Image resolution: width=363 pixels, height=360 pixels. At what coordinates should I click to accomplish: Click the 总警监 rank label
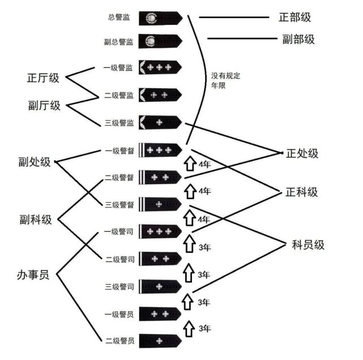click(119, 18)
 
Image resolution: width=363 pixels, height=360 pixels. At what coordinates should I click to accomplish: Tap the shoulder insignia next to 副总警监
click(160, 41)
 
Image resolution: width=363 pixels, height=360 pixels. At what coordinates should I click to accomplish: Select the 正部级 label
click(294, 18)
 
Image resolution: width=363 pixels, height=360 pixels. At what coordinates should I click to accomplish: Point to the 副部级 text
click(298, 39)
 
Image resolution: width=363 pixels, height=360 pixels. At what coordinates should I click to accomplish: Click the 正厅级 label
click(43, 78)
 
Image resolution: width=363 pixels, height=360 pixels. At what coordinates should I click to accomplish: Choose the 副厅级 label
click(44, 105)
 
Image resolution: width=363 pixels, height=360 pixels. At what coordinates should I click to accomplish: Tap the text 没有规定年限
click(225, 80)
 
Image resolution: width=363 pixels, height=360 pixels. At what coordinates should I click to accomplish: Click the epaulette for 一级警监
click(160, 67)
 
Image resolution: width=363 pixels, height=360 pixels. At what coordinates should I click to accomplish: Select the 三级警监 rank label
click(119, 123)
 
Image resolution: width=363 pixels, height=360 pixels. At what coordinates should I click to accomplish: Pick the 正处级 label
click(302, 153)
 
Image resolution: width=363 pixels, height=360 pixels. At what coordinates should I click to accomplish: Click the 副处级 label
click(35, 162)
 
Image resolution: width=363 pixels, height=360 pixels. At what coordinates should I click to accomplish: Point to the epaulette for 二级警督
click(160, 178)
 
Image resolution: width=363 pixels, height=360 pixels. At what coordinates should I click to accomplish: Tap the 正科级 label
click(301, 192)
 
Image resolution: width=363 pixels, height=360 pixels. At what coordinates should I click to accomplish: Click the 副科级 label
click(36, 219)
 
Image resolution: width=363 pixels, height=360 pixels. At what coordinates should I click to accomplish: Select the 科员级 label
click(308, 245)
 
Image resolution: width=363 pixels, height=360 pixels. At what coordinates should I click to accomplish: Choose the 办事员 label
click(33, 275)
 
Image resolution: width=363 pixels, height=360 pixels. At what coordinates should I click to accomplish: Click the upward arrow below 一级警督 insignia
click(190, 164)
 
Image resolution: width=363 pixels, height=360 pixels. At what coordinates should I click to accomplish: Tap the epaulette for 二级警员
click(160, 341)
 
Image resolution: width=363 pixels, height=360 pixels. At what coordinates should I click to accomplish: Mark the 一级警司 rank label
click(118, 232)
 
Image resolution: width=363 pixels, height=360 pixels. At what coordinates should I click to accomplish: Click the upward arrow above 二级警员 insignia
click(189, 329)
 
